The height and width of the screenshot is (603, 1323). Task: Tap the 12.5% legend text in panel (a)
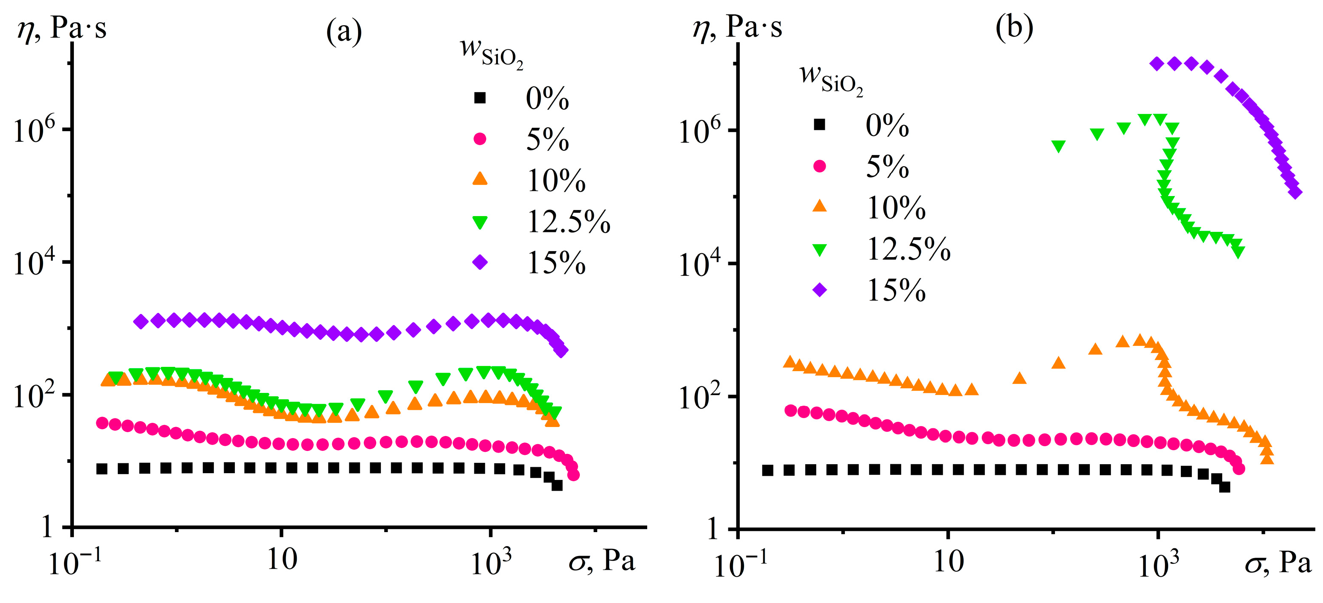569,222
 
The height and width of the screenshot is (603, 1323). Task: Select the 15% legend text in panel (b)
896,290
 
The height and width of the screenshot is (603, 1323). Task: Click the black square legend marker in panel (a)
480,98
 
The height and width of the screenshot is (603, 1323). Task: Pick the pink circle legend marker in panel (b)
820,166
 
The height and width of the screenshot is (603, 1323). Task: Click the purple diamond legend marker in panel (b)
820,290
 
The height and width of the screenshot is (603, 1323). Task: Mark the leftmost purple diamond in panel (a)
141,322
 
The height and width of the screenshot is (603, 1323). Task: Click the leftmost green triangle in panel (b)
1058,146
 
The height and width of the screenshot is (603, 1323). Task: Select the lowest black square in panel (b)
1225,487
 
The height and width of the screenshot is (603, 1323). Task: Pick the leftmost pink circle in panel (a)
102,423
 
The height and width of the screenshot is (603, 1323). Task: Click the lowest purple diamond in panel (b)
1295,193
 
